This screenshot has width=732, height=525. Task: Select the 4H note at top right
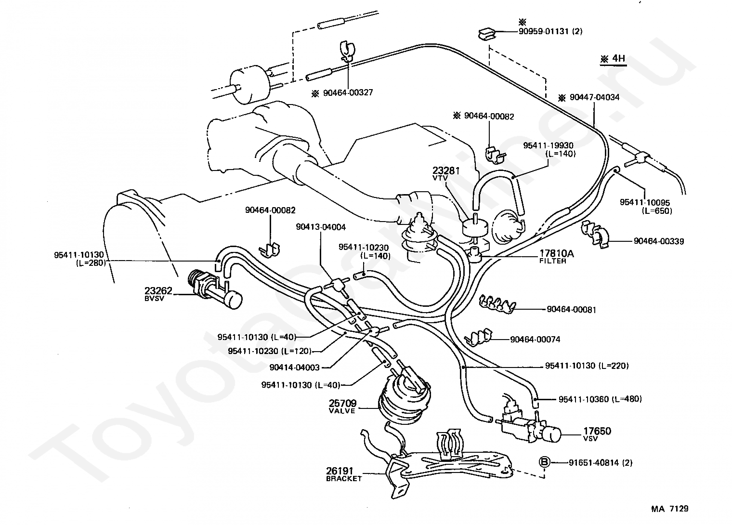[x=613, y=59]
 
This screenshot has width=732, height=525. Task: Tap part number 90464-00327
[x=348, y=93]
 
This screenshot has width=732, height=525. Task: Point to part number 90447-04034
[x=594, y=97]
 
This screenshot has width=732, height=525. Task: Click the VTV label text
[x=440, y=178]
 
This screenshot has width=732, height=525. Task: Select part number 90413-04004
[x=321, y=227]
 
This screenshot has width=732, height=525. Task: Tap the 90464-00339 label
[x=659, y=241]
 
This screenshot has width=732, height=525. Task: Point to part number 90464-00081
[x=572, y=309]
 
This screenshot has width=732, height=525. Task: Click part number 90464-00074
[x=536, y=339]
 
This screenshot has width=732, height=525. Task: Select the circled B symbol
[x=544, y=462]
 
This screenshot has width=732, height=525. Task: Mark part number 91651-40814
[x=594, y=462]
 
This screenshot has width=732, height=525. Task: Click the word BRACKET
[x=344, y=479]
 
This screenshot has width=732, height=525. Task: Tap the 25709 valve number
[x=342, y=404]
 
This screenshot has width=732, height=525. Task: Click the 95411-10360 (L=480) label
[x=601, y=399]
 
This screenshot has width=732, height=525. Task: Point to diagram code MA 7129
[x=670, y=509]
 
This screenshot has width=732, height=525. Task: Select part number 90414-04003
[x=294, y=367]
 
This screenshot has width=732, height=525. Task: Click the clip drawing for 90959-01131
[x=487, y=34]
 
